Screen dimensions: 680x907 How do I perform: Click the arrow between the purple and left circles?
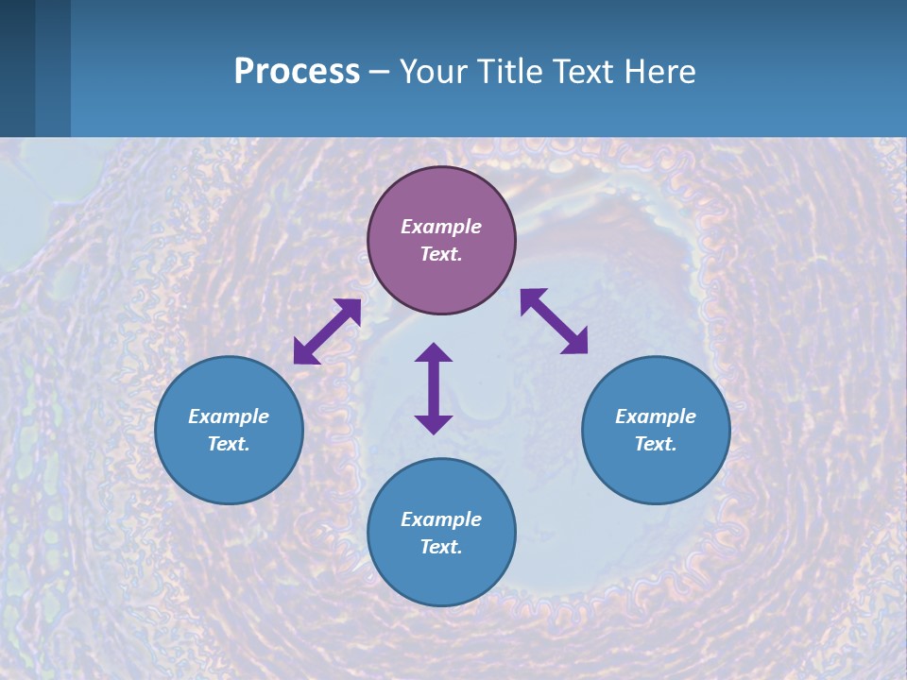click(327, 331)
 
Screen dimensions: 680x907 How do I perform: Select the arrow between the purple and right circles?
click(554, 321)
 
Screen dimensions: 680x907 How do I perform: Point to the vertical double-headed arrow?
click(434, 388)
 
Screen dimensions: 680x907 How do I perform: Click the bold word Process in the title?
click(297, 71)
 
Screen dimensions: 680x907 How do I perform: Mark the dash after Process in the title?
click(379, 72)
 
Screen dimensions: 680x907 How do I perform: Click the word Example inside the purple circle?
click(441, 227)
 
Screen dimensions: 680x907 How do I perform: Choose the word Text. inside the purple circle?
click(441, 254)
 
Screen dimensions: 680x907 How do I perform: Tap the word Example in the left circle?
click(229, 416)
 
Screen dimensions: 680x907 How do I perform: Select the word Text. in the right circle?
click(656, 444)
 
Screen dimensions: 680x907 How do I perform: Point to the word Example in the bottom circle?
click(441, 519)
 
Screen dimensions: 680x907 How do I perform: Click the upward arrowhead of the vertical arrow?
click(434, 352)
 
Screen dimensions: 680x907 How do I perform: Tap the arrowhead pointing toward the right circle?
click(575, 342)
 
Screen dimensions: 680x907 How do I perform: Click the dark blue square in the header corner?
click(17, 68)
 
